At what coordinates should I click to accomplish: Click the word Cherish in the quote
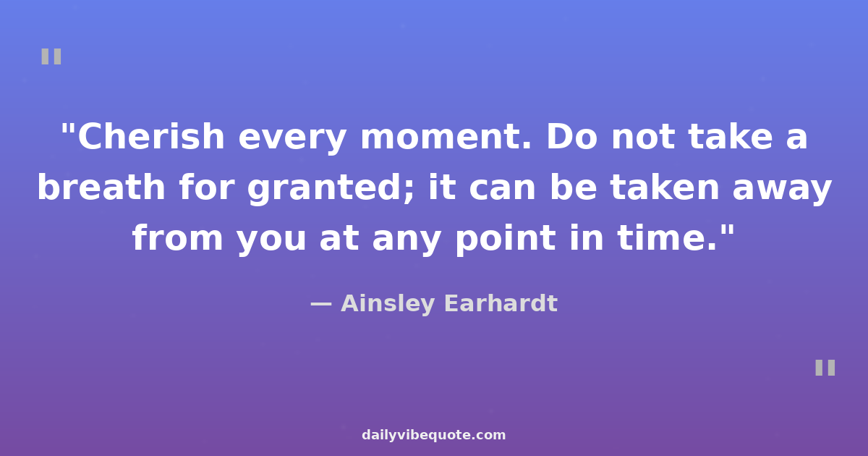[x=151, y=136]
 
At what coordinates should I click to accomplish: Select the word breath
[x=101, y=187]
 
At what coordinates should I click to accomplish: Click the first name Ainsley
[x=388, y=303]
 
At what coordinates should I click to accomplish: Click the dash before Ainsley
[x=321, y=305]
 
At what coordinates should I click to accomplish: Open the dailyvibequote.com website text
[x=433, y=435]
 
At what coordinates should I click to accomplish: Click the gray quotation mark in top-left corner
[x=51, y=56]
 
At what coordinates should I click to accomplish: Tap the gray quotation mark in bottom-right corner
[x=825, y=368]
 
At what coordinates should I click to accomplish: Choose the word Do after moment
[x=571, y=136]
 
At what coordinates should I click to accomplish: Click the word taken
[x=665, y=187]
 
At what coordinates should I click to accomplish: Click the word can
[x=502, y=189]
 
